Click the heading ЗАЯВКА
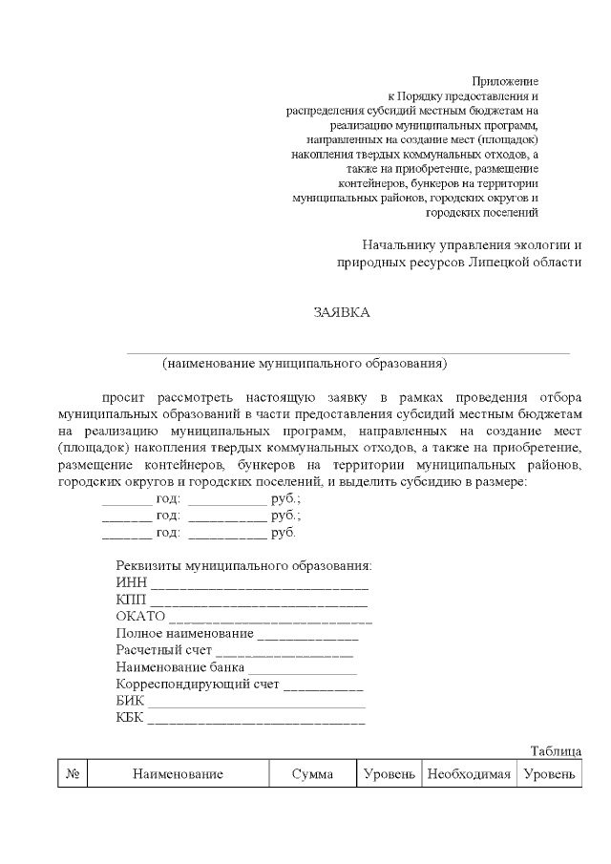(x=341, y=312)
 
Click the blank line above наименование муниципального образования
(x=348, y=351)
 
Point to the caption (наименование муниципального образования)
(x=305, y=363)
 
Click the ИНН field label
(x=130, y=582)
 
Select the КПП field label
(x=130, y=600)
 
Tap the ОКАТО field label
(x=140, y=616)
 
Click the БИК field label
(x=130, y=701)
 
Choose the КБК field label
(x=129, y=718)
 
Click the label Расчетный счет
(x=164, y=650)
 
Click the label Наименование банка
(x=179, y=667)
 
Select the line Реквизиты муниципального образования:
(x=243, y=565)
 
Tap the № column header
(x=73, y=774)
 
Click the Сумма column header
(x=312, y=774)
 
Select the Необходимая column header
(x=469, y=774)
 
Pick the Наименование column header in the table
(x=178, y=774)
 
